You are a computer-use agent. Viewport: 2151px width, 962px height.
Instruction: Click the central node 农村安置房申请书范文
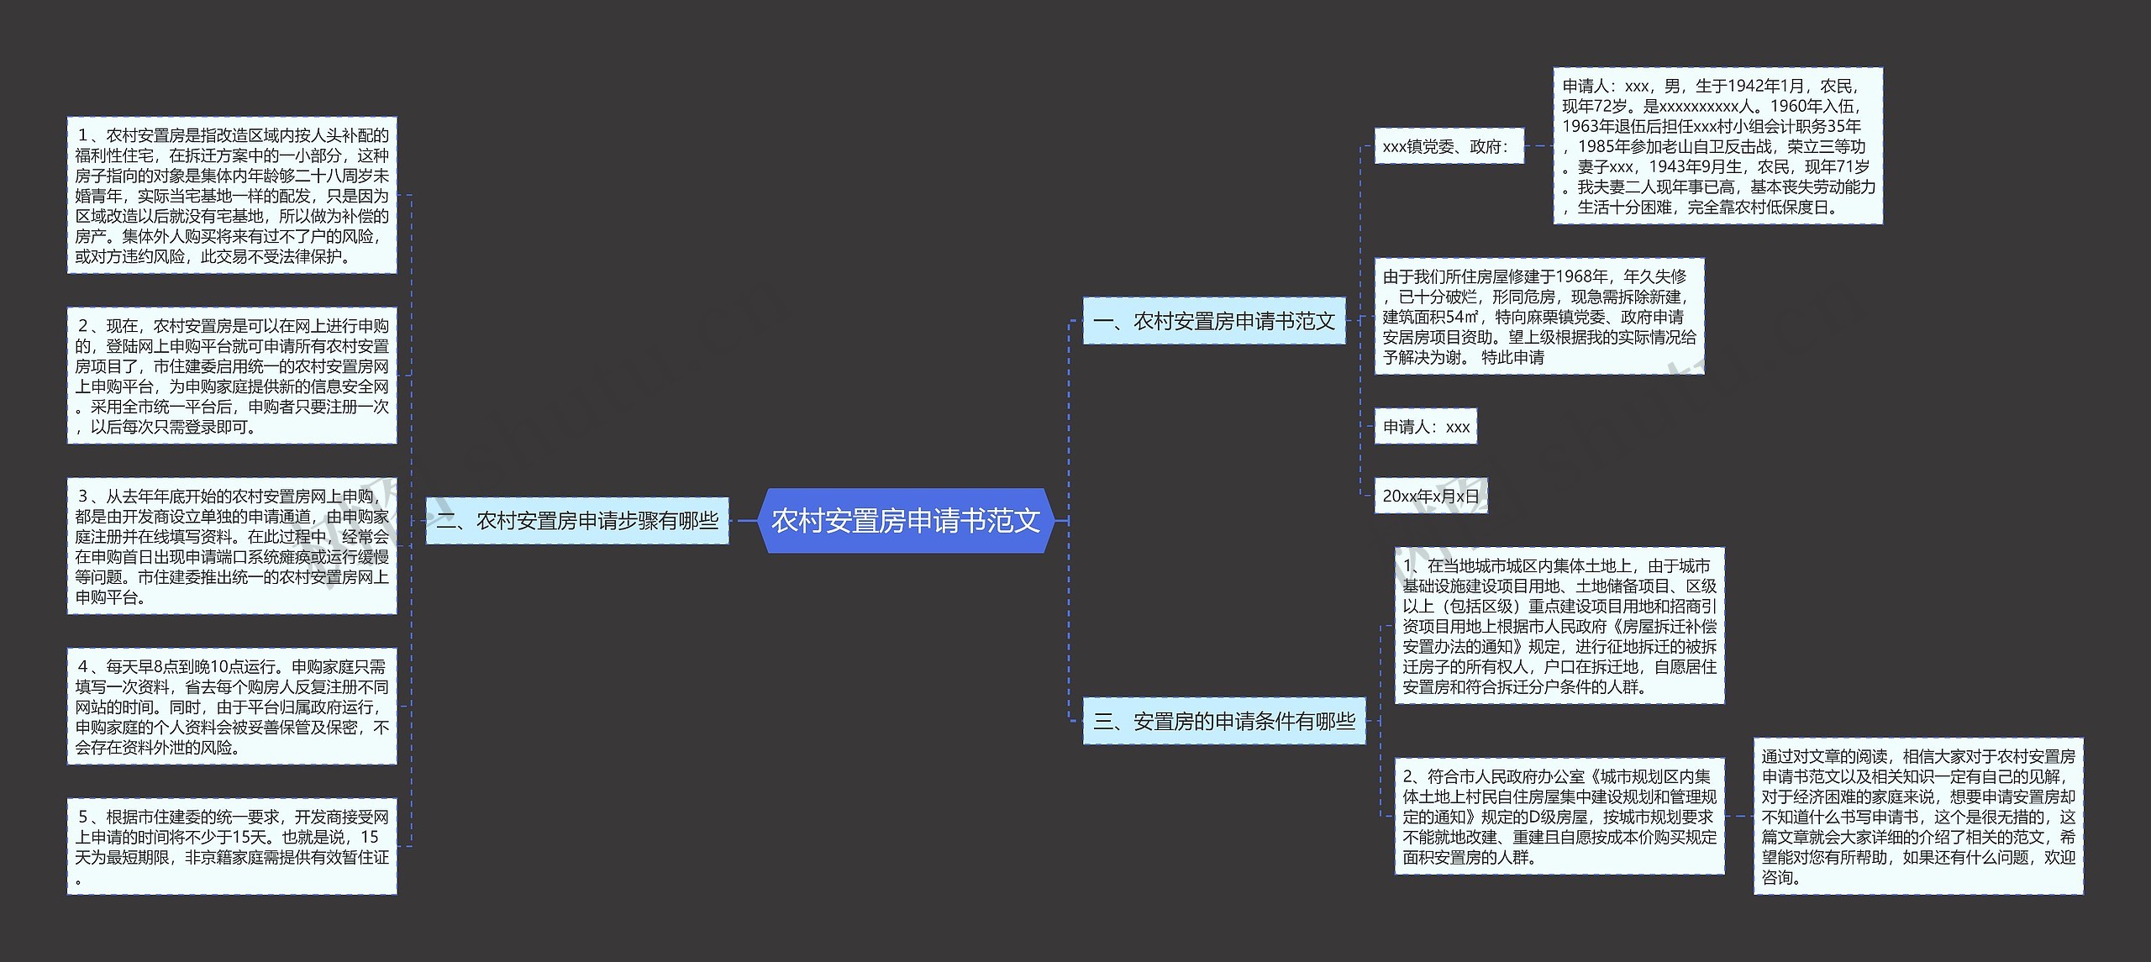pos(906,521)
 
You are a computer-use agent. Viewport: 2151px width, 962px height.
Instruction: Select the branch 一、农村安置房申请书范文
pos(1213,321)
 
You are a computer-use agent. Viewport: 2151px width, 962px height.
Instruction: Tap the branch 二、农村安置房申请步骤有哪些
pos(577,521)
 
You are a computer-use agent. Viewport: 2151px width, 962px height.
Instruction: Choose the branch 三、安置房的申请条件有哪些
pos(1224,721)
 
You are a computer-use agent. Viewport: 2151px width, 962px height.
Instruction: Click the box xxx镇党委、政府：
pos(1448,147)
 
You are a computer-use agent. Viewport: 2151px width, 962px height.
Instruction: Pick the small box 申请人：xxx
pos(1426,427)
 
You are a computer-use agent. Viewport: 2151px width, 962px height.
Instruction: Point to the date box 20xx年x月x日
pos(1430,496)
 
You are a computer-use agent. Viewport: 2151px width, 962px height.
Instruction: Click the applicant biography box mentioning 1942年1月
pos(1717,146)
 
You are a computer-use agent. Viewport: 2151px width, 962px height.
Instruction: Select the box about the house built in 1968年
pos(1538,317)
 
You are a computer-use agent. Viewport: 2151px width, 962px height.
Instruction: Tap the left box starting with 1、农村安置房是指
pos(232,195)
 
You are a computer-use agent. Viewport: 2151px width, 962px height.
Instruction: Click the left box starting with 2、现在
pos(232,376)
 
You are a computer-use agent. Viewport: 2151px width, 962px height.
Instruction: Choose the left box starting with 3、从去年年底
pos(232,546)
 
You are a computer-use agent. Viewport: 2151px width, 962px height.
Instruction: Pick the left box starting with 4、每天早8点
pos(232,707)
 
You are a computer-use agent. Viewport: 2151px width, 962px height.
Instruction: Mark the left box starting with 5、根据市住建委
pos(232,847)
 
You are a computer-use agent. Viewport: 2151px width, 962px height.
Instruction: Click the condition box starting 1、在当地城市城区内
pos(1559,626)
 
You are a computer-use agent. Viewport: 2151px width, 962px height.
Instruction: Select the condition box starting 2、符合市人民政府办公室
pos(1559,816)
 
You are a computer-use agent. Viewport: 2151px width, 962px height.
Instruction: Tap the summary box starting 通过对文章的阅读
pos(1918,816)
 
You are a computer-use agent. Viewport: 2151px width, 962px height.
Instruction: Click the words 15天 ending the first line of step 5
pos(370,838)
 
